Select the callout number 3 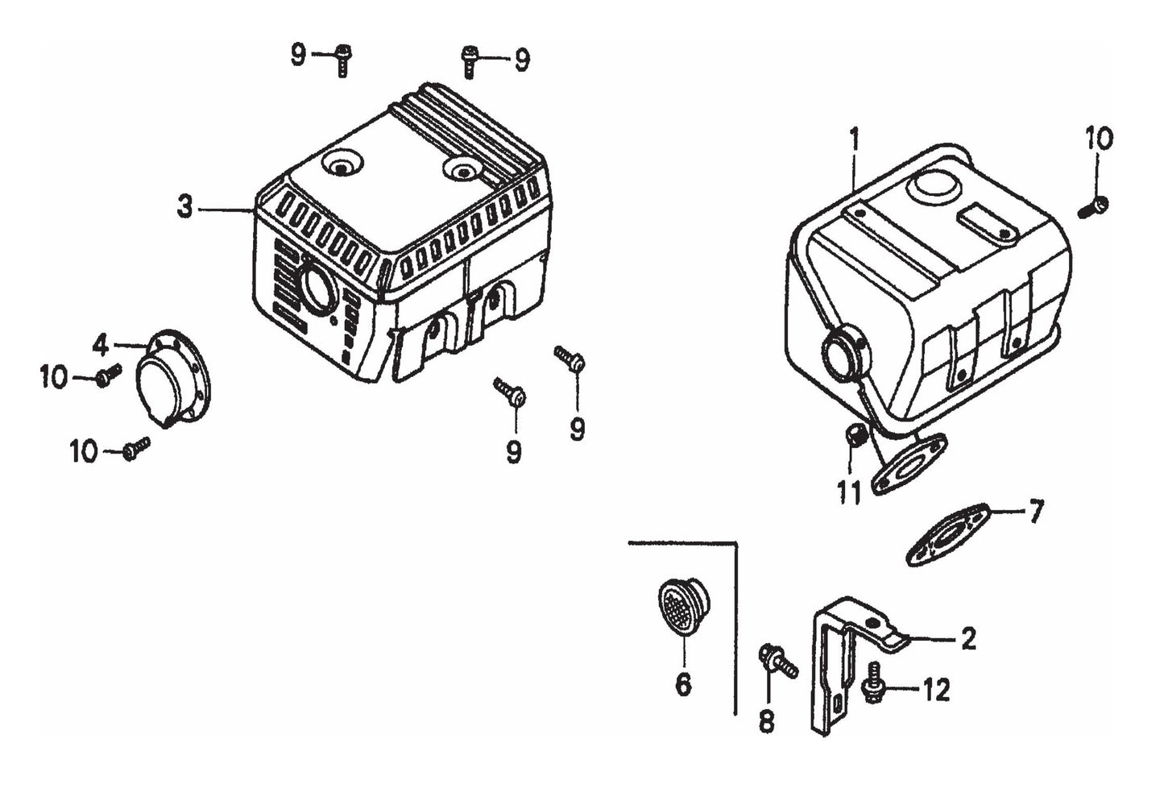185,207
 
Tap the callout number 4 100,345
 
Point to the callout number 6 682,684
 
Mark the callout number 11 849,491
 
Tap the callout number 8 766,720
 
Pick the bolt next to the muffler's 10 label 1094,207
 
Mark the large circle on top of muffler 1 934,189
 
